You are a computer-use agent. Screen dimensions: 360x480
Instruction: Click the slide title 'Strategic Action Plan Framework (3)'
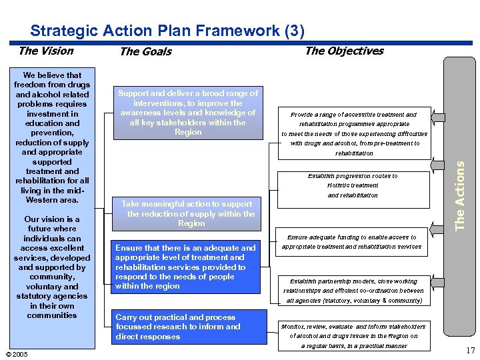coord(167,31)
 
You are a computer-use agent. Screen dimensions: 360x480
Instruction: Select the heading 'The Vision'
coord(46,51)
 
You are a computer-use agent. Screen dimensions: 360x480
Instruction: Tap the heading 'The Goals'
coord(145,51)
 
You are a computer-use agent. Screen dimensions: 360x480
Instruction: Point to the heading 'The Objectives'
coord(344,51)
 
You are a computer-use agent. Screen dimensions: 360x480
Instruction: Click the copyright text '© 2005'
coord(16,354)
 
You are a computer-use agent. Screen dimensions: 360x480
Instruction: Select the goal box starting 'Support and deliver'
coord(187,113)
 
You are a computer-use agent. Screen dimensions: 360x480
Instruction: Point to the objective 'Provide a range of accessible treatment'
coord(353,133)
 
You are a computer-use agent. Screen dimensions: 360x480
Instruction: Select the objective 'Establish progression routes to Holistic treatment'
coord(353,185)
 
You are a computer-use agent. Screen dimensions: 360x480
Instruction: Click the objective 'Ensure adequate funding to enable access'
coord(351,241)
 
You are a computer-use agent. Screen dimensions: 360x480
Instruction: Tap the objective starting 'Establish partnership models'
coord(353,291)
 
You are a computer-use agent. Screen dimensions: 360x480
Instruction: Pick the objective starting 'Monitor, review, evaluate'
coord(353,336)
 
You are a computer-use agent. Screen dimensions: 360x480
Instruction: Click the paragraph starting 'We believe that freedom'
coord(52,137)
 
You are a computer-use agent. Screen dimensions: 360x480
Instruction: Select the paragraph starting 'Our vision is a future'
coord(52,267)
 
